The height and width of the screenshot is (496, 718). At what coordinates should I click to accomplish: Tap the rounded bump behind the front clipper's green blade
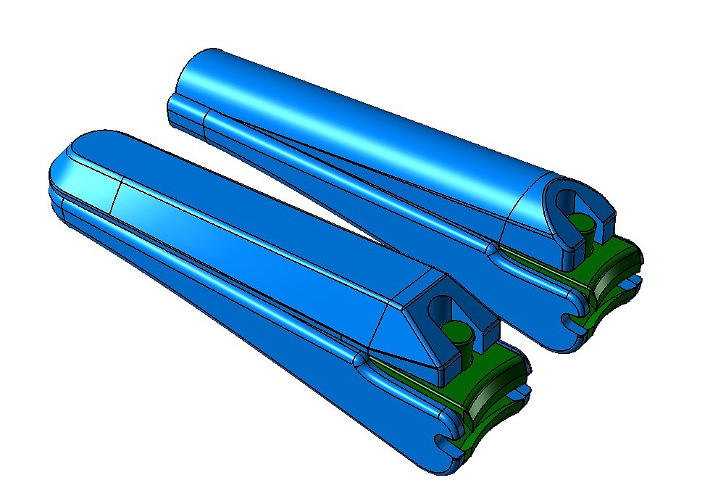point(364,358)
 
